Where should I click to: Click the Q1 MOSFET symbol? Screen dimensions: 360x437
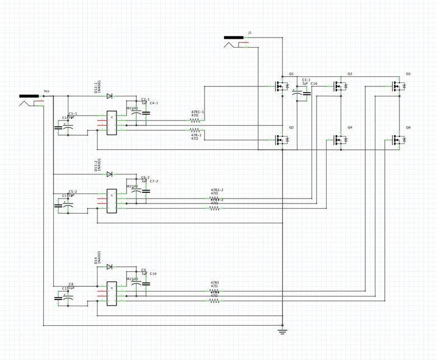281,86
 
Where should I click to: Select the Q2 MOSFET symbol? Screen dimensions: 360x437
281,140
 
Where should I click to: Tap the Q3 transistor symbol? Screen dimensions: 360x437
340,86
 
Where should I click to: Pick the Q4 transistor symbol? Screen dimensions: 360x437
340,140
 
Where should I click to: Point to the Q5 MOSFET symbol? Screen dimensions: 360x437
398,86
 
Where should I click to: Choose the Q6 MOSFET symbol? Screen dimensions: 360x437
398,140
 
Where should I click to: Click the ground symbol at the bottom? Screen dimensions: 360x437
283,331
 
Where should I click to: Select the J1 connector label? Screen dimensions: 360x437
250,33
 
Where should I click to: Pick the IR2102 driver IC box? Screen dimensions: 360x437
112,200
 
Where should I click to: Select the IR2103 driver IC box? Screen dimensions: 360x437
112,293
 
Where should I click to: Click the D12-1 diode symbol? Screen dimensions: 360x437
109,96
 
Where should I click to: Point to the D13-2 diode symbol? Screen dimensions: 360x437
109,174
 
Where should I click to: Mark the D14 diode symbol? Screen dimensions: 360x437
109,267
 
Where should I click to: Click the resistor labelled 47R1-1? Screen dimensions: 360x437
195,120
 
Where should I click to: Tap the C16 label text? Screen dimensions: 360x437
314,84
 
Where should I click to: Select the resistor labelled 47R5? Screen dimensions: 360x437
215,291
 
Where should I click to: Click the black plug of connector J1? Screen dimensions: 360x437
234,38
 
